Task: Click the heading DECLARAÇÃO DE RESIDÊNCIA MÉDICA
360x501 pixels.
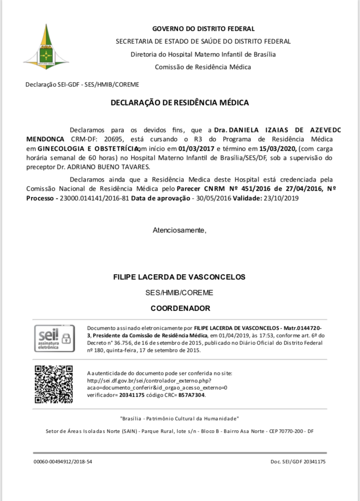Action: click(x=180, y=103)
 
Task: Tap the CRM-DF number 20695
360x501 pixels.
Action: click(x=115, y=139)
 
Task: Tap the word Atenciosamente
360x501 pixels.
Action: click(x=179, y=230)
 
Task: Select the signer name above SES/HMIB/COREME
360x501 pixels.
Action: click(x=179, y=277)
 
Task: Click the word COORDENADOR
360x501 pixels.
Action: click(x=180, y=309)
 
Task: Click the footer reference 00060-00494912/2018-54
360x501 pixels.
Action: click(x=63, y=462)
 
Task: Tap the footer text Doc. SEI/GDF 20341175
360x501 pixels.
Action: click(x=297, y=462)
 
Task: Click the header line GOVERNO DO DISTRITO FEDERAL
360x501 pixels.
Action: click(x=203, y=29)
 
